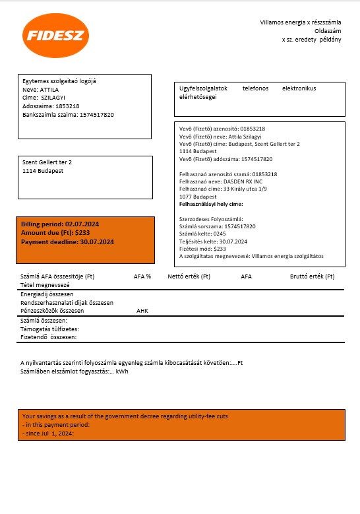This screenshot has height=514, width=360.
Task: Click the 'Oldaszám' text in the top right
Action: (x=328, y=31)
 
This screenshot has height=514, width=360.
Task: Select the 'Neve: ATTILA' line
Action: (x=41, y=89)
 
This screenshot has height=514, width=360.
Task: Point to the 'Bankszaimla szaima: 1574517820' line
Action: (x=68, y=115)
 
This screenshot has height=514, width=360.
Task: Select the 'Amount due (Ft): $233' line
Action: (x=55, y=234)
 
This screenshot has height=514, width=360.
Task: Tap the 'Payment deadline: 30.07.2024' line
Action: (x=67, y=242)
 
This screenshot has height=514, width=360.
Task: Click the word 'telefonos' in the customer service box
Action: (x=255, y=88)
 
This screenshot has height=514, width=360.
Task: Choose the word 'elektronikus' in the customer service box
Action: (x=299, y=88)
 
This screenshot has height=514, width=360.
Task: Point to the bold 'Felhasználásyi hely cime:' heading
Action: (x=211, y=205)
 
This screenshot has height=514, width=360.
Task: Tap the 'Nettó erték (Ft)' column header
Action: (x=189, y=276)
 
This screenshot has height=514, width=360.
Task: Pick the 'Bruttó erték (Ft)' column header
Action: (x=312, y=276)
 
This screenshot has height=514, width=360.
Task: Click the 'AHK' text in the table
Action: (x=142, y=310)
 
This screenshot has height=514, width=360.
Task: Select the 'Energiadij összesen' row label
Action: (x=47, y=294)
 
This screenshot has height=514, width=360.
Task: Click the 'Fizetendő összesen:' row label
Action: (x=49, y=337)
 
